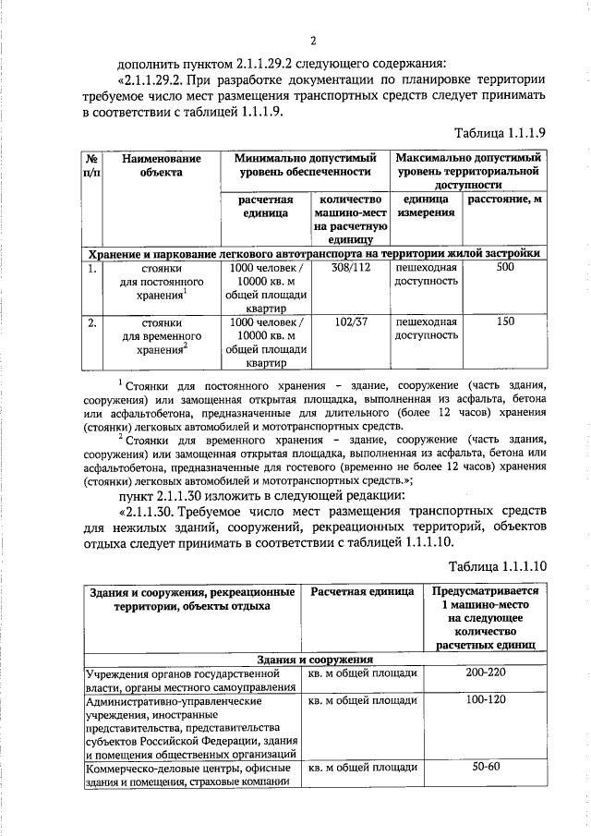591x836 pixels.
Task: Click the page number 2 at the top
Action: click(313, 41)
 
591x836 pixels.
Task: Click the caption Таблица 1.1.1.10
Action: click(499, 565)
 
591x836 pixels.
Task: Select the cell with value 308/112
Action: click(350, 267)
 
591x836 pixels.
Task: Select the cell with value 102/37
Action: click(350, 322)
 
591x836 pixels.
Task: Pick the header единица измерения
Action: click(426, 207)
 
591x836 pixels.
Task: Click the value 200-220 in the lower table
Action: click(485, 674)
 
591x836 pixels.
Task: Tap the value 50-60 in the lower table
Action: click(485, 768)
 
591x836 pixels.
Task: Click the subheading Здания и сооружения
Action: click(314, 660)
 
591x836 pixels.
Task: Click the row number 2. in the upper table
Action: click(92, 322)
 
